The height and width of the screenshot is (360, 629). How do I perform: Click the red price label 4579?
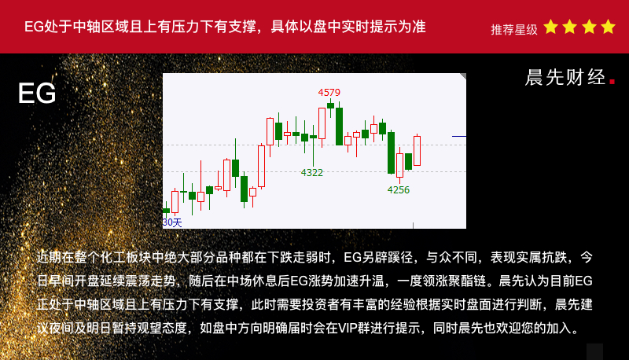[x=329, y=93]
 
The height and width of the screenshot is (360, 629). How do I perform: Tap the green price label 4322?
[x=311, y=173]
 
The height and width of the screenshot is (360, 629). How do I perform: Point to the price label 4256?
[x=399, y=190]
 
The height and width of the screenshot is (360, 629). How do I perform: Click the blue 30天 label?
[x=172, y=222]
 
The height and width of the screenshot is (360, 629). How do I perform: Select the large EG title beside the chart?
[x=37, y=94]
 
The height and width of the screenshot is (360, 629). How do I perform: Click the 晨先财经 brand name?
[x=565, y=77]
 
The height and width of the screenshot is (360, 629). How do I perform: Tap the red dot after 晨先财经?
[x=612, y=82]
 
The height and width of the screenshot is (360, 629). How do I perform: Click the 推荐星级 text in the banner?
[x=514, y=30]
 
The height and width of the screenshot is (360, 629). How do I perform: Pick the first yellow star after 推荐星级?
[x=551, y=27]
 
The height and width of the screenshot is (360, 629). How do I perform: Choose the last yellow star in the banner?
[x=608, y=27]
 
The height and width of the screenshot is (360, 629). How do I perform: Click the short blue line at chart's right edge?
[x=459, y=136]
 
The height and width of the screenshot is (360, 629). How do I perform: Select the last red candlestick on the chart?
[x=417, y=150]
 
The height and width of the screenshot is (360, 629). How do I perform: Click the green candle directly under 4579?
[x=330, y=105]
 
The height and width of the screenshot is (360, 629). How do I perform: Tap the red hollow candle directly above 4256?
[x=399, y=165]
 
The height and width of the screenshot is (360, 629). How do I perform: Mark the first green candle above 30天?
[x=166, y=210]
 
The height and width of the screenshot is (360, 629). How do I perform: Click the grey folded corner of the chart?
[x=464, y=75]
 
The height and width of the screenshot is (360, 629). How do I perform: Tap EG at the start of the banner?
[x=34, y=27]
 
